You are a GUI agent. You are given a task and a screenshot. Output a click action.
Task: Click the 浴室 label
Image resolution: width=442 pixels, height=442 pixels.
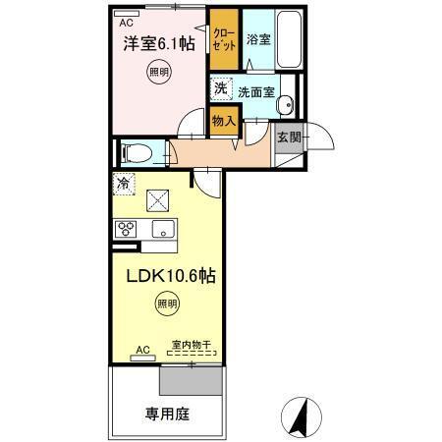(x=258, y=40)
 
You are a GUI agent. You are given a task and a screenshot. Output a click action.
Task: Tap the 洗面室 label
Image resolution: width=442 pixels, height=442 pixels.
(x=255, y=90)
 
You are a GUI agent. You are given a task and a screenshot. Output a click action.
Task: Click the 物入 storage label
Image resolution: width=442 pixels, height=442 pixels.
(x=224, y=121)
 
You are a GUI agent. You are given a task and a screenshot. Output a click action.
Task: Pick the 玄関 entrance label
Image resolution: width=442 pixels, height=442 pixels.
(x=287, y=137)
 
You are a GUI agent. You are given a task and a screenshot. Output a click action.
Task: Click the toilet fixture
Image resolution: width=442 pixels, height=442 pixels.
(x=137, y=153)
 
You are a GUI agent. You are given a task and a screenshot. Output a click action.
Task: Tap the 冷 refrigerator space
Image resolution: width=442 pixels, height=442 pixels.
(x=124, y=183)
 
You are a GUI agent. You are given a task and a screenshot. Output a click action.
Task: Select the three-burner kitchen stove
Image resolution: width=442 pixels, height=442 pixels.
(x=127, y=230)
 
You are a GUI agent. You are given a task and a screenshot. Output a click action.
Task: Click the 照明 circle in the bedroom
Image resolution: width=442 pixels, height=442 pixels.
(x=158, y=72)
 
